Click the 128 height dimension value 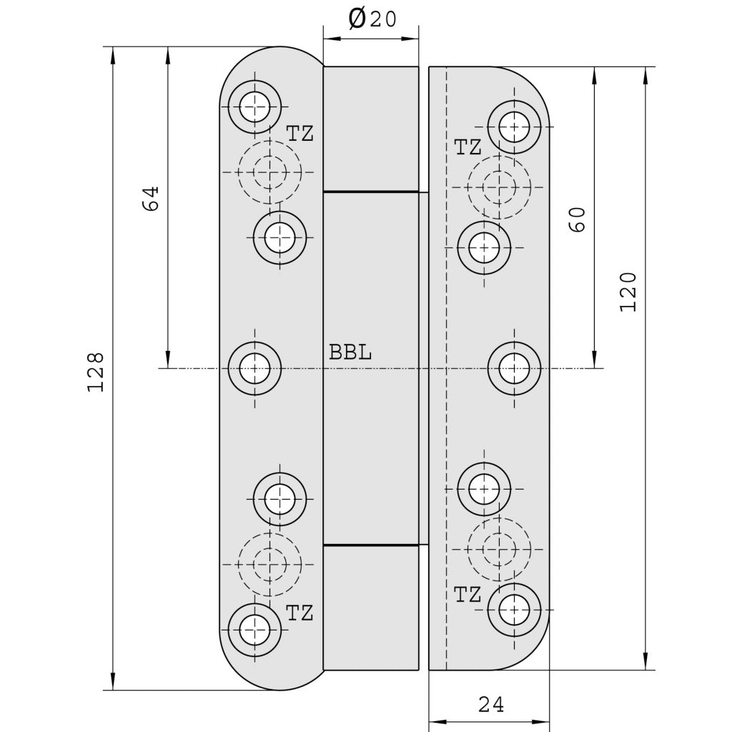[x=95, y=372]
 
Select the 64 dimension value [x=151, y=199]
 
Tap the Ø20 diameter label [x=372, y=19]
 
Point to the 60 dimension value [x=577, y=219]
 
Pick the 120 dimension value [x=628, y=292]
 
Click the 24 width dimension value [x=491, y=704]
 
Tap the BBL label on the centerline [x=350, y=352]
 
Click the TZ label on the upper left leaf [x=300, y=134]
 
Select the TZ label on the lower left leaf [x=300, y=613]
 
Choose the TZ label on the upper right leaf [x=468, y=147]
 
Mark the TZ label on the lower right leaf [x=468, y=595]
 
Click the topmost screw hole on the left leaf [x=255, y=107]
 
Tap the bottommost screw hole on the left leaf [x=255, y=630]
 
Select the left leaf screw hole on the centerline [x=255, y=368]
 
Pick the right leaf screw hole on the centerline [x=515, y=368]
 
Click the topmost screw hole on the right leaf [x=515, y=127]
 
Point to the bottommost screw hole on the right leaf [x=515, y=610]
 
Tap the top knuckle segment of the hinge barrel [x=371, y=129]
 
